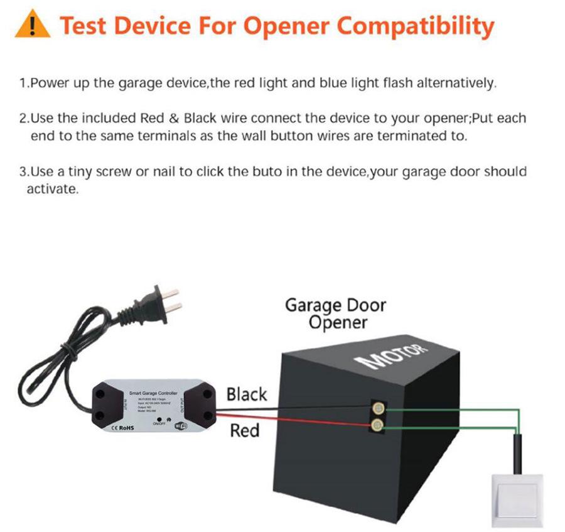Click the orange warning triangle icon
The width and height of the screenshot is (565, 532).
tap(31, 26)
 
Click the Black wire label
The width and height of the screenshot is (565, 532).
tap(246, 394)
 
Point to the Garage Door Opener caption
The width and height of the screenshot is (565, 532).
tap(336, 315)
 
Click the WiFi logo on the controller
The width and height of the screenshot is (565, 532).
tap(181, 427)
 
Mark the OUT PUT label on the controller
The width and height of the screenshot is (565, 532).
tap(181, 406)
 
